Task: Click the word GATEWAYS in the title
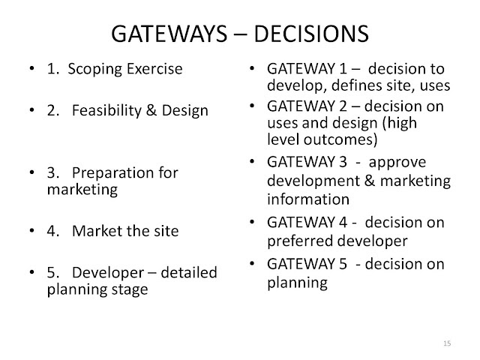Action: click(169, 33)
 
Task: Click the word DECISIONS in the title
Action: click(311, 33)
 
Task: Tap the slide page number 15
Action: click(447, 343)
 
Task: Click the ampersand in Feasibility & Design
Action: click(151, 110)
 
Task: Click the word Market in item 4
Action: click(97, 231)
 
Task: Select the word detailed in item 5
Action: click(189, 272)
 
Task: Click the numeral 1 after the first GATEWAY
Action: click(343, 69)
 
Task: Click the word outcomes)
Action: click(340, 139)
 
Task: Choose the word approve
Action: click(397, 163)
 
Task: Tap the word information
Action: click(308, 199)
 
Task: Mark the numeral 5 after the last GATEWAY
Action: click(343, 264)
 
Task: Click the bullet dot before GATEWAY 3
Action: click(252, 161)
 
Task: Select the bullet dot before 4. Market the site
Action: click(31, 230)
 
